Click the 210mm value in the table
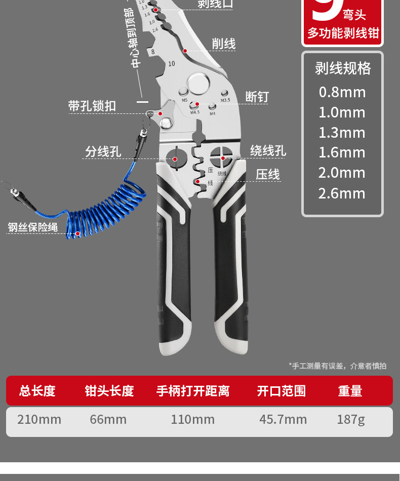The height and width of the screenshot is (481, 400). pyautogui.click(x=39, y=420)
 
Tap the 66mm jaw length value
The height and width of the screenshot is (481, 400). pyautogui.click(x=108, y=420)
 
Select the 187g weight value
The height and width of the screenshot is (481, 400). pyautogui.click(x=350, y=420)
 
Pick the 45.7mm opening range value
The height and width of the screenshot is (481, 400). pyautogui.click(x=283, y=420)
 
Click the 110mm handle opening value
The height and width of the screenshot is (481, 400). pyautogui.click(x=192, y=420)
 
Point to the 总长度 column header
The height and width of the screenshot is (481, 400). pyautogui.click(x=37, y=391)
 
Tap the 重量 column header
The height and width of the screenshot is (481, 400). pyautogui.click(x=350, y=391)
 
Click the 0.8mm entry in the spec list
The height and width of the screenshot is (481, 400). pyautogui.click(x=342, y=92)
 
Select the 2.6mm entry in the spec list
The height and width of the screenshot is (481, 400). pyautogui.click(x=342, y=193)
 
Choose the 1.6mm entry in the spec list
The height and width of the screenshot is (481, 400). pyautogui.click(x=342, y=152)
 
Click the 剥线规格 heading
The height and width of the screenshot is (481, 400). pyautogui.click(x=343, y=68)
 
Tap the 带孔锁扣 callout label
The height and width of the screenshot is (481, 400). pyautogui.click(x=92, y=106)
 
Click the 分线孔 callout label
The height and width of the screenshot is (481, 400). pyautogui.click(x=103, y=152)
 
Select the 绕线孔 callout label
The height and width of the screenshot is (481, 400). pyautogui.click(x=268, y=151)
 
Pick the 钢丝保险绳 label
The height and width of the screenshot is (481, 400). pyautogui.click(x=33, y=227)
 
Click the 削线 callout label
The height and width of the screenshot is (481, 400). pyautogui.click(x=223, y=44)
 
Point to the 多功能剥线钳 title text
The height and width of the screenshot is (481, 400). pyautogui.click(x=343, y=33)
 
